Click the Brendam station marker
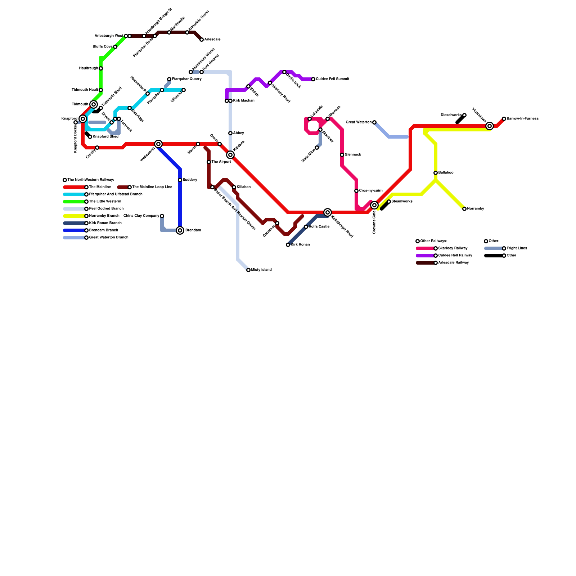[180, 230]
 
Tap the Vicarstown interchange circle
[489, 126]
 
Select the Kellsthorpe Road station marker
[327, 212]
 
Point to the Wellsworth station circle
[158, 144]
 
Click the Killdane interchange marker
[230, 155]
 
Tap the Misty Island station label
[261, 270]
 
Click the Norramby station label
[476, 209]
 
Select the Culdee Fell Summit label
[332, 79]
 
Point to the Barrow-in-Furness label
[522, 119]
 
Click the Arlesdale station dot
[202, 40]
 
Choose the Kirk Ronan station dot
[288, 245]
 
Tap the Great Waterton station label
[359, 122]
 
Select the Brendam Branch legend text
[103, 230]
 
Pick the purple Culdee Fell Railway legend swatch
[426, 256]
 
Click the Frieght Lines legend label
[517, 248]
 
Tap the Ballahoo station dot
[436, 173]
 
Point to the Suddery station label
[190, 180]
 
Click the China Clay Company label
[141, 216]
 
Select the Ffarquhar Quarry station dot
[169, 79]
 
